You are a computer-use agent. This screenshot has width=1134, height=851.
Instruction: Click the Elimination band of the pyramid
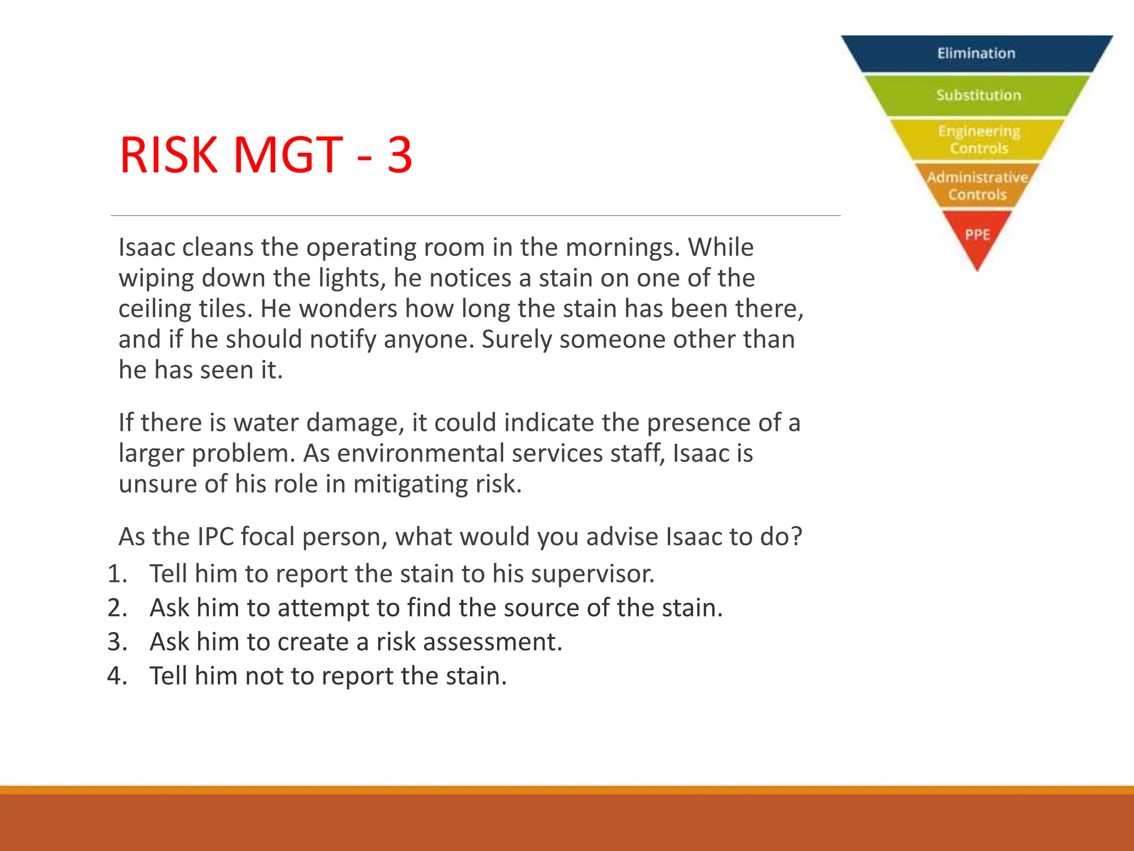tap(976, 54)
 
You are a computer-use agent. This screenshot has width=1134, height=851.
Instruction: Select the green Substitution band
tap(978, 95)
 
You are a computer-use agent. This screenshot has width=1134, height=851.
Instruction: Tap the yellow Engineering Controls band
tap(978, 140)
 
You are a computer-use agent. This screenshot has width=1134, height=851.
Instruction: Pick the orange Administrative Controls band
tap(977, 186)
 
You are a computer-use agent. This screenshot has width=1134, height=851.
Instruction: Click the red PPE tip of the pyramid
tap(977, 235)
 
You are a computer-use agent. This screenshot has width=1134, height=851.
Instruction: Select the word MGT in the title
tap(288, 155)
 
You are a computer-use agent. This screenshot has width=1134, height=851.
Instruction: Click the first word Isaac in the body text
tap(147, 247)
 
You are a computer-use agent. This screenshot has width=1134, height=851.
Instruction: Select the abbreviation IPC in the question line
tap(215, 537)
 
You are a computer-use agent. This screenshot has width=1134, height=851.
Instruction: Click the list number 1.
tap(117, 574)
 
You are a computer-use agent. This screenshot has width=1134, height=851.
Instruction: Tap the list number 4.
tap(117, 676)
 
